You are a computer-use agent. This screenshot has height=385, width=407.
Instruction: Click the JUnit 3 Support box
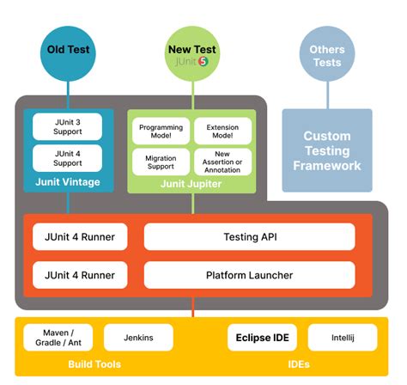click(x=67, y=126)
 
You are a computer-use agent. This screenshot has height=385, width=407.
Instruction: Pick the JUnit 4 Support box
click(x=67, y=157)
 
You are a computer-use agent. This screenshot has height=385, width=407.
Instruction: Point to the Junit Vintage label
click(x=67, y=182)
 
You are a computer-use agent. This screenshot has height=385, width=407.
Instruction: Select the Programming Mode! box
click(x=160, y=131)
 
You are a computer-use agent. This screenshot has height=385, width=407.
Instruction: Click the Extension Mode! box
click(x=222, y=131)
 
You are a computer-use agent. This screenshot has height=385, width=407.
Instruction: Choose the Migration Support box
click(x=160, y=162)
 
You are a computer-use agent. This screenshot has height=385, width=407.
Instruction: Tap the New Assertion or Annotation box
click(x=222, y=162)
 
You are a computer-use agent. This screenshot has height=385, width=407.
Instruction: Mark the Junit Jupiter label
click(x=191, y=182)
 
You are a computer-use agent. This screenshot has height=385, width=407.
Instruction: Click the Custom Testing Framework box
click(x=326, y=150)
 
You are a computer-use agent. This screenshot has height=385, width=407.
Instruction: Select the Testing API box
click(x=249, y=236)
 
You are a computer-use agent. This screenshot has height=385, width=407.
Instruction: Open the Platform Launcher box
click(x=249, y=275)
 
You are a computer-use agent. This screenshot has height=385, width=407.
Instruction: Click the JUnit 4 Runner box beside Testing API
click(x=80, y=236)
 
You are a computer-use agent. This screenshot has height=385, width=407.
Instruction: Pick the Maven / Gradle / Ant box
click(x=58, y=338)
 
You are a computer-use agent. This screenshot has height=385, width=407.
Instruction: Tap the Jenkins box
click(x=133, y=338)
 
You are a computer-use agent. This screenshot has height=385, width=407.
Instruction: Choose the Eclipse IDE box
click(x=262, y=338)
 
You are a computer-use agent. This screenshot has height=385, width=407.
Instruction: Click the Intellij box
click(x=342, y=338)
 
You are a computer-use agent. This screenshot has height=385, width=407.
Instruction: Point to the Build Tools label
click(x=94, y=364)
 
